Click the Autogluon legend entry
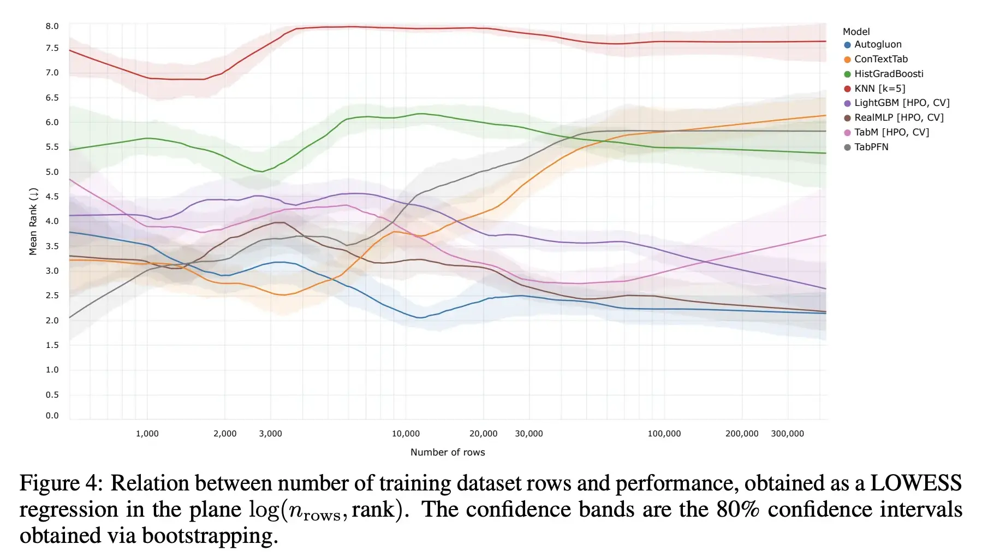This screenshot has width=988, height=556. [877, 45]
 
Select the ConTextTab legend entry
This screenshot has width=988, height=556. [880, 59]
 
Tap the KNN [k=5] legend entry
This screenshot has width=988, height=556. [879, 88]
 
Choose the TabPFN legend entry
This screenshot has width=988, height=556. [871, 147]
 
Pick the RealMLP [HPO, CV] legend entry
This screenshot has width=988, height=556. [898, 117]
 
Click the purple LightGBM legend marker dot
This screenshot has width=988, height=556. [847, 103]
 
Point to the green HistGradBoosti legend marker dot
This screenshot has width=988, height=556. [847, 74]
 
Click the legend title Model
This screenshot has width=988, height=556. [856, 32]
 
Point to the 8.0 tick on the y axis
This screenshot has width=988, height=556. [52, 26]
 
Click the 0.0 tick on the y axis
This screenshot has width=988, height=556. [52, 416]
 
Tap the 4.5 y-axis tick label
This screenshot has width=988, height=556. [52, 197]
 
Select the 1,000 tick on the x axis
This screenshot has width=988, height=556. [147, 434]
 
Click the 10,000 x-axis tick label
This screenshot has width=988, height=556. [406, 434]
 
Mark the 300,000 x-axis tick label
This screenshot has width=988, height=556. [787, 434]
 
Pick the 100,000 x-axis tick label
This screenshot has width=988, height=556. [664, 434]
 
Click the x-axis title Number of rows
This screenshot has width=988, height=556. [448, 452]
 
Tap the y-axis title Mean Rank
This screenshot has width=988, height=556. [33, 221]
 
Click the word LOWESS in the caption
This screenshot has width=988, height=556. [915, 483]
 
